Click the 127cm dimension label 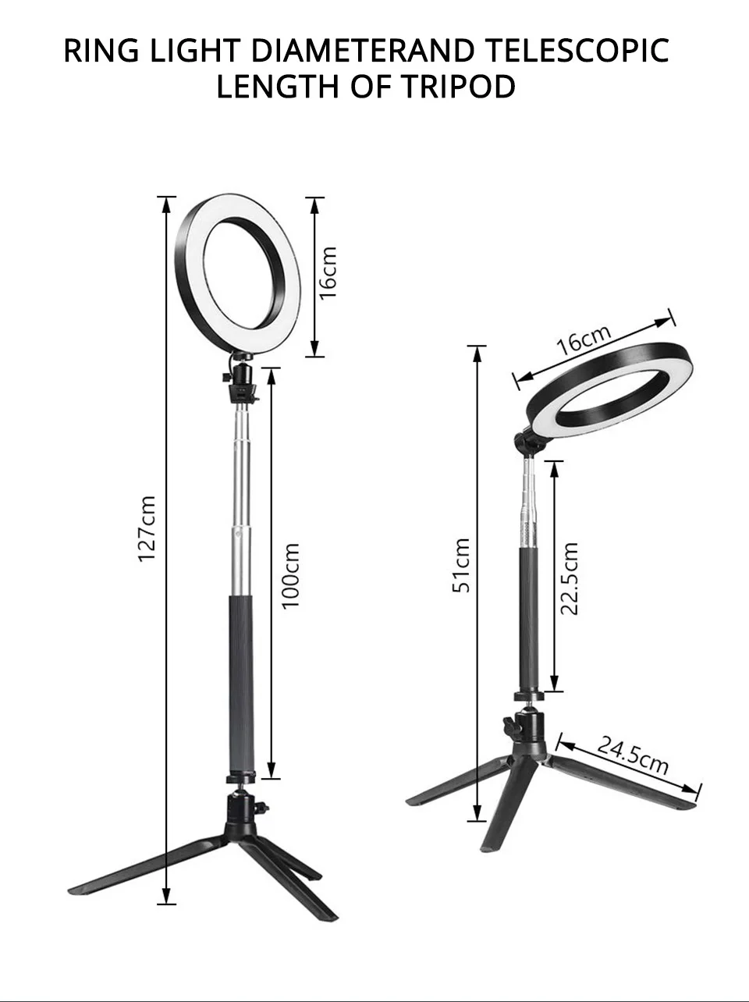(x=147, y=528)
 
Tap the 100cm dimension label (x=291, y=576)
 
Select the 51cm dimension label (x=461, y=565)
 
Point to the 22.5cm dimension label (x=570, y=579)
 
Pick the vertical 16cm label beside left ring (x=328, y=272)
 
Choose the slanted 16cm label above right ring (x=584, y=339)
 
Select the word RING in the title (x=101, y=50)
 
